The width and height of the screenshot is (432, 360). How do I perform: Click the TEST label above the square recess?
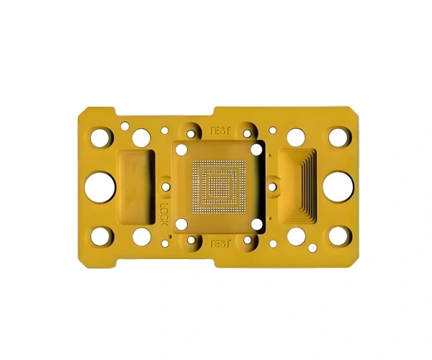[x=220, y=130]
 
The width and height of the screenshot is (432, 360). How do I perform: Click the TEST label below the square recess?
[x=220, y=243]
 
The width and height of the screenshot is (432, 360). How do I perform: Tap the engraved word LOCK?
[x=164, y=214]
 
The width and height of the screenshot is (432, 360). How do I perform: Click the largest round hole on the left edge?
[x=100, y=187]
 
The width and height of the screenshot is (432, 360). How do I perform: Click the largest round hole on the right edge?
[x=338, y=187]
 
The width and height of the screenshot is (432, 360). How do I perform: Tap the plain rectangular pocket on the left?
[x=136, y=187]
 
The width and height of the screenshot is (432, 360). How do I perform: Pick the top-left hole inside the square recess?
[x=181, y=150]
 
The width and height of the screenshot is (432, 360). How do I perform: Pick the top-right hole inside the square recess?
[x=257, y=150]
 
